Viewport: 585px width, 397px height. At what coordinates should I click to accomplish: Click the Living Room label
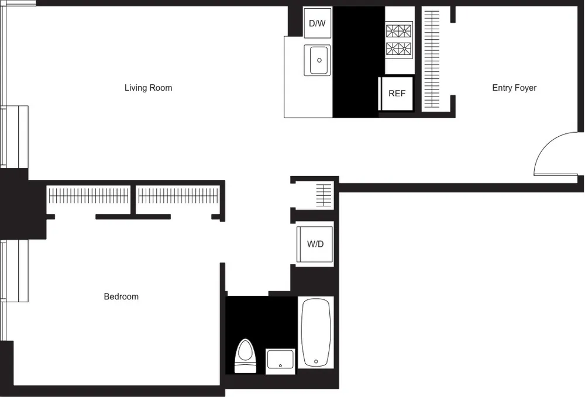(x=148, y=88)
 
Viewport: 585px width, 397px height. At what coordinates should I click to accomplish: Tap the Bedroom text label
(x=121, y=296)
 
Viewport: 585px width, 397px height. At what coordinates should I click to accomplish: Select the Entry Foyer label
(x=514, y=88)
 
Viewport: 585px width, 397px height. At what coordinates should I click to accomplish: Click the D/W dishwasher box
(x=317, y=23)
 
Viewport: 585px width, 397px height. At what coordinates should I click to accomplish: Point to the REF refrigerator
(x=397, y=93)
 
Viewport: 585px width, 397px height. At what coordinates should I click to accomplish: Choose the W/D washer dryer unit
(x=315, y=244)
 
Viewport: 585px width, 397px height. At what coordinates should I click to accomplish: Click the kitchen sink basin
(x=319, y=60)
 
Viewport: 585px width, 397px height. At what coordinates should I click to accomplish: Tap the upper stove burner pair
(x=398, y=30)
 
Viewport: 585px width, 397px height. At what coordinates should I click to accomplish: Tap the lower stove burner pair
(x=398, y=49)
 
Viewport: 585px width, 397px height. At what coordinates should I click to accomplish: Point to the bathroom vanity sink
(x=280, y=361)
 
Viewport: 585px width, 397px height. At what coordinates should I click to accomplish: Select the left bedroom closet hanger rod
(x=89, y=195)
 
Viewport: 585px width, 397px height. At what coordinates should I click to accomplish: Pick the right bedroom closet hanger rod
(x=178, y=195)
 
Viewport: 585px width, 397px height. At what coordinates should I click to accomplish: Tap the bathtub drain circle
(x=316, y=361)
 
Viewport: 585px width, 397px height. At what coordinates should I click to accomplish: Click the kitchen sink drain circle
(x=319, y=60)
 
